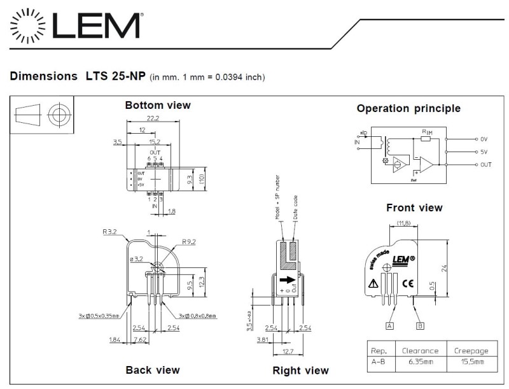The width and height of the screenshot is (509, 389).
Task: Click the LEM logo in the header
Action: [x=74, y=26]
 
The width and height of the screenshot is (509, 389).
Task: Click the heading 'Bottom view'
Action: [x=157, y=105]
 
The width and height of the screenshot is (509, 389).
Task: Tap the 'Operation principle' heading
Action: [x=408, y=108]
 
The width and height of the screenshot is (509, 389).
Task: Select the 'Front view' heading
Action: [x=414, y=208]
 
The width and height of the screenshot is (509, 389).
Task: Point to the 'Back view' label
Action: [x=153, y=369]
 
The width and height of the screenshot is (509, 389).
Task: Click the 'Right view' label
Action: [x=300, y=370]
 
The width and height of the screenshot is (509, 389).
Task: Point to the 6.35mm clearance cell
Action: [x=420, y=362]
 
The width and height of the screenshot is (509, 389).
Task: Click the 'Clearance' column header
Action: [x=420, y=350]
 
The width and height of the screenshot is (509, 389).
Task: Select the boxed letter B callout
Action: [x=420, y=326]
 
